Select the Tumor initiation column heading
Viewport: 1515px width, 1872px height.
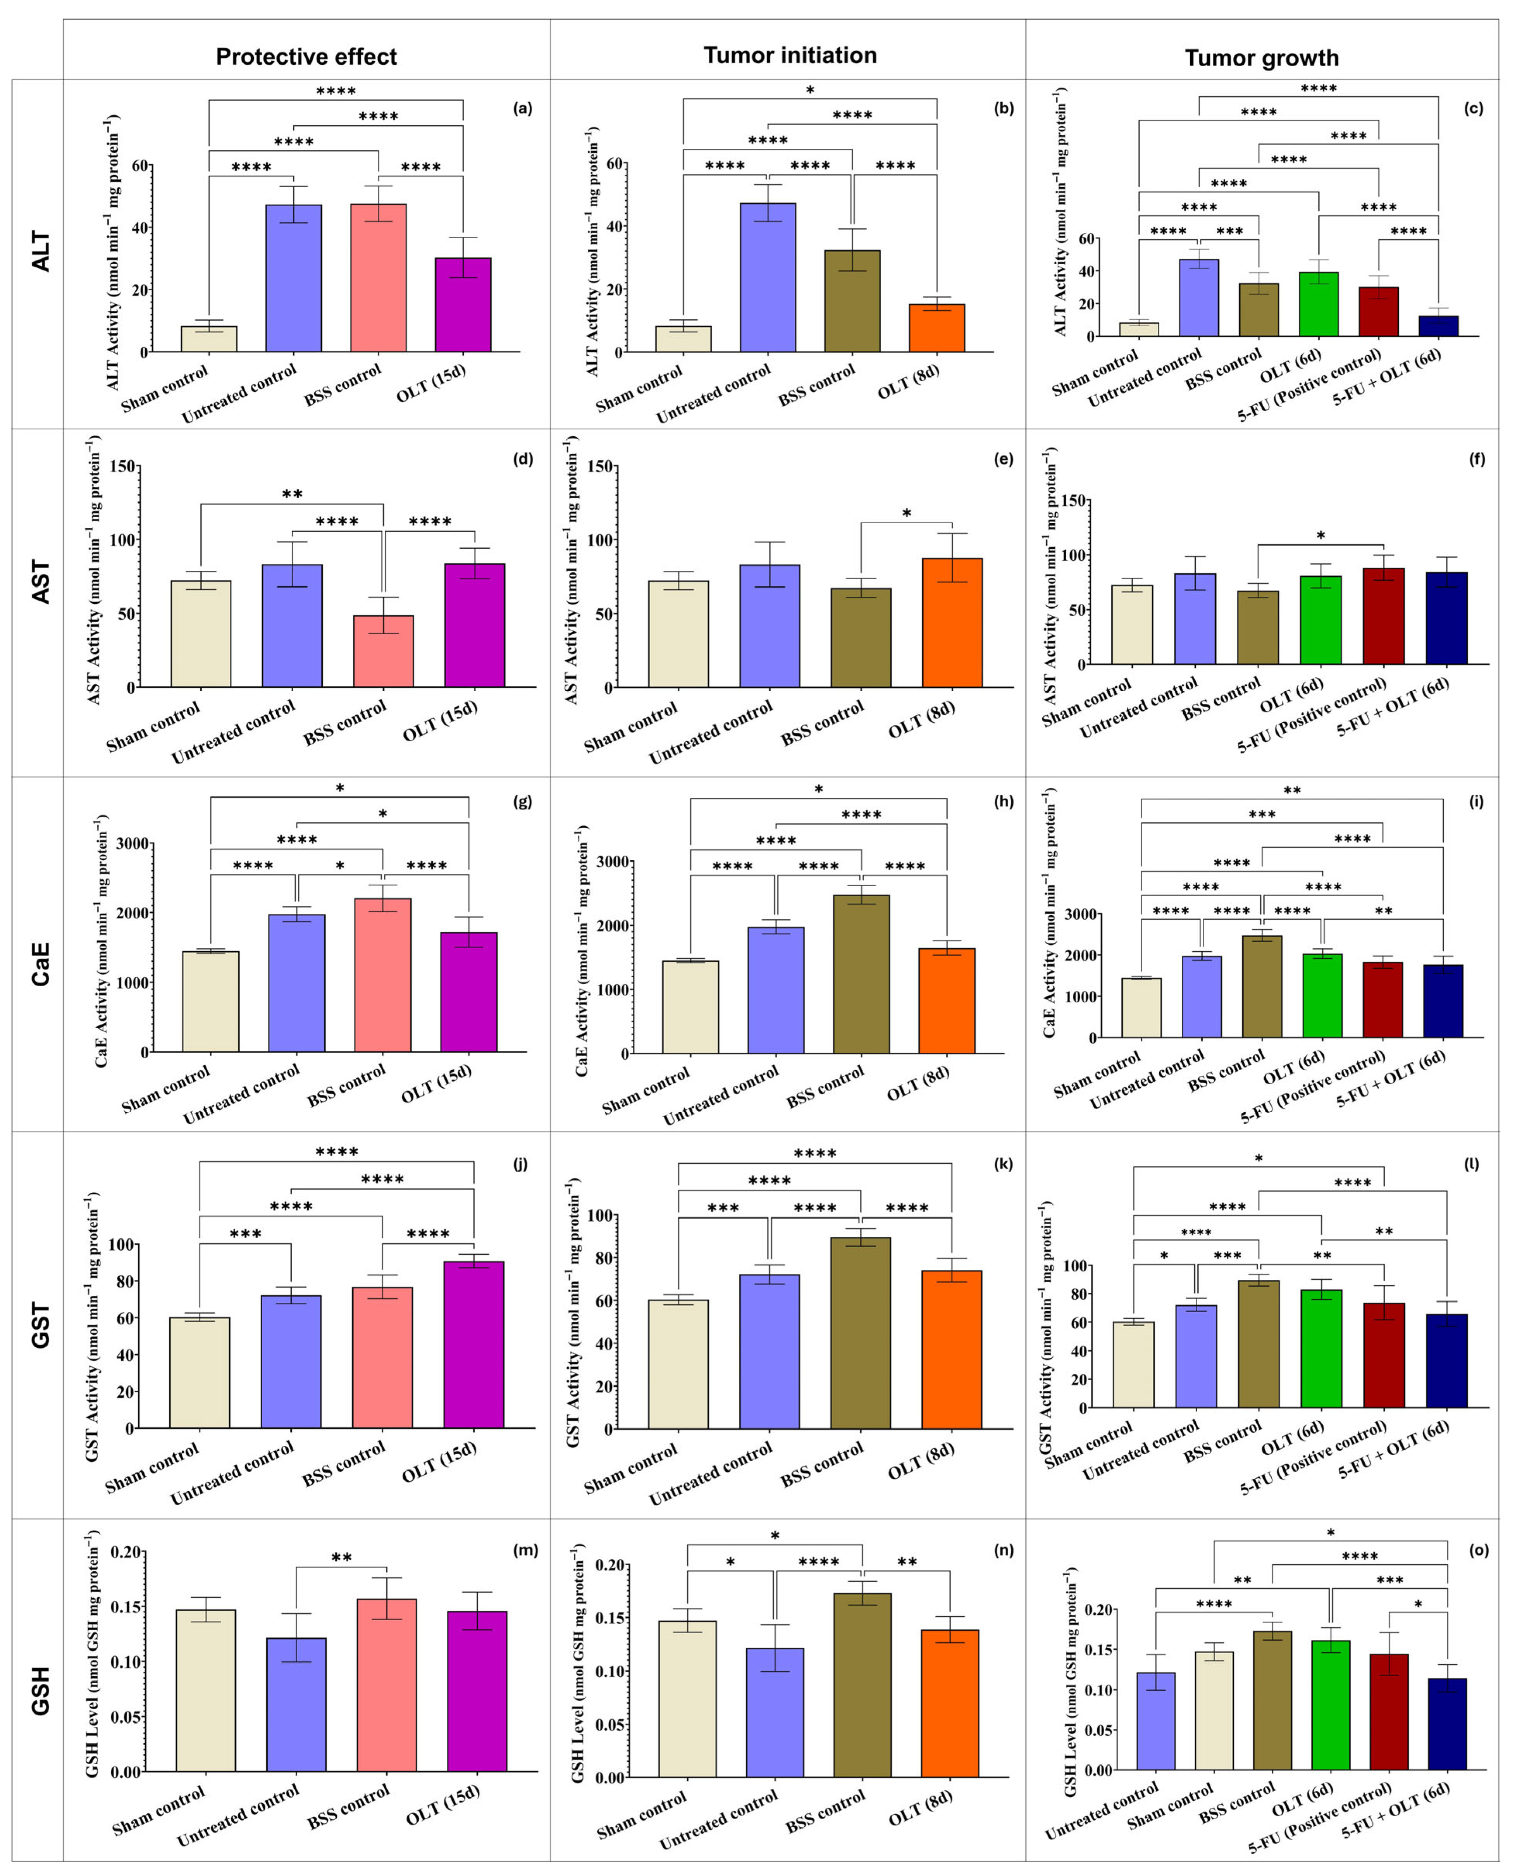[790, 56]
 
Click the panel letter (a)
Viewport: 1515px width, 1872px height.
[523, 108]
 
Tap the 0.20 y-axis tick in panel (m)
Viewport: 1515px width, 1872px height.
[126, 1553]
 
